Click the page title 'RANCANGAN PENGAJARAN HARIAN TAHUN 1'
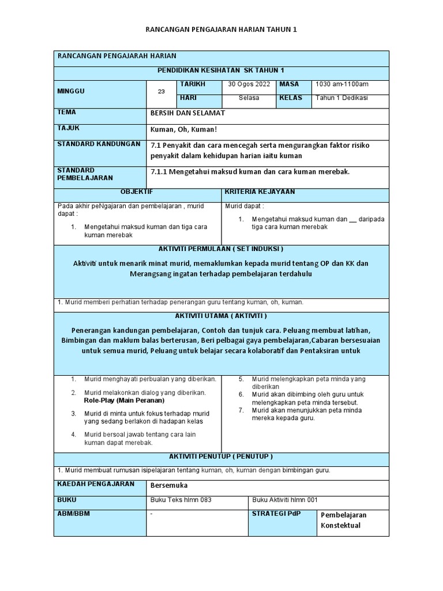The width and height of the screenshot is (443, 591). point(221,29)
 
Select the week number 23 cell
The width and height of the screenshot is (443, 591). point(161,91)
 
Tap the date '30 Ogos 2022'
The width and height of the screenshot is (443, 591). point(249,84)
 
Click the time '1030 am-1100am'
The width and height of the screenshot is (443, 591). point(342,84)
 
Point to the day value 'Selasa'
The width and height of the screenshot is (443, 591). point(249,98)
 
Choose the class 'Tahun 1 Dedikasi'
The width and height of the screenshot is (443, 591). point(341,98)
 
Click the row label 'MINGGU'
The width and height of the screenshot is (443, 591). point(71,91)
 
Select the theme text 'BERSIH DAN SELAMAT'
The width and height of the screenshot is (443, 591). point(187,113)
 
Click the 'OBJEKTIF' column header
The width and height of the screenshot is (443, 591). point(137,192)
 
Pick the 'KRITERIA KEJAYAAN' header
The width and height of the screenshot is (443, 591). point(260,192)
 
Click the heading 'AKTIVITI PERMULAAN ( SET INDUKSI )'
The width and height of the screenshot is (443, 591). point(221,249)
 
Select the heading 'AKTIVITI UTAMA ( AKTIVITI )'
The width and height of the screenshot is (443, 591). point(221,316)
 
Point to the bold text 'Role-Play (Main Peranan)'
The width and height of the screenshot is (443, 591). point(124,400)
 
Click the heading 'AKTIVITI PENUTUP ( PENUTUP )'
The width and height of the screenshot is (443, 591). point(221,457)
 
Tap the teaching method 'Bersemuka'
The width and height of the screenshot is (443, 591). point(169,485)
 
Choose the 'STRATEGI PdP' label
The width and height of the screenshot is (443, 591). point(276,514)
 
